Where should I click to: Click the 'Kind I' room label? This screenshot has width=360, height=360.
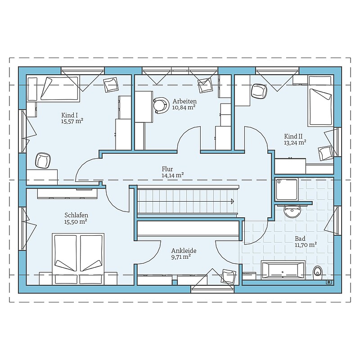pyautogui.click(x=70, y=115)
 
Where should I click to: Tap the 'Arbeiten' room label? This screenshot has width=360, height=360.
pyautogui.click(x=184, y=101)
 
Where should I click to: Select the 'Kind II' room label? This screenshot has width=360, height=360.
pyautogui.click(x=293, y=136)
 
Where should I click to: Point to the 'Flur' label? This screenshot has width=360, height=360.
pyautogui.click(x=167, y=169)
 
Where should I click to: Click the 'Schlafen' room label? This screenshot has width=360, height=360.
pyautogui.click(x=76, y=215)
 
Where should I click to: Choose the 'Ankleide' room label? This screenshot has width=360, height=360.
pyautogui.click(x=184, y=251)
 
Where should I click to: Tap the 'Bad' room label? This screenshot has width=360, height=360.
pyautogui.click(x=300, y=238)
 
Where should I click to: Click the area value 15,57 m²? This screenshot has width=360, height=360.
pyautogui.click(x=72, y=121)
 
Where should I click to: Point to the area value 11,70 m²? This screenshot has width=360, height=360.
pyautogui.click(x=306, y=245)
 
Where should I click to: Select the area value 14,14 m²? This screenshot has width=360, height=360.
pyautogui.click(x=172, y=175)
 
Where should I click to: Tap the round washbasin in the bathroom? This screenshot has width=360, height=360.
pyautogui.click(x=292, y=211)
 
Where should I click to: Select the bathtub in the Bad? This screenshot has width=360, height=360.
pyautogui.click(x=283, y=270)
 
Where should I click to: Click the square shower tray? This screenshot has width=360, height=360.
pyautogui.click(x=287, y=190)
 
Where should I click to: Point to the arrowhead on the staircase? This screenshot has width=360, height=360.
pyautogui.click(x=232, y=201)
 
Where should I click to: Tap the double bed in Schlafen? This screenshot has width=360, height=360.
pyautogui.click(x=78, y=259)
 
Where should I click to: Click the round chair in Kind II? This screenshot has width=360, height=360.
pyautogui.click(x=259, y=91)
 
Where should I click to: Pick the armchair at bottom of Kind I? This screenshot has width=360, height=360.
pyautogui.click(x=43, y=161)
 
